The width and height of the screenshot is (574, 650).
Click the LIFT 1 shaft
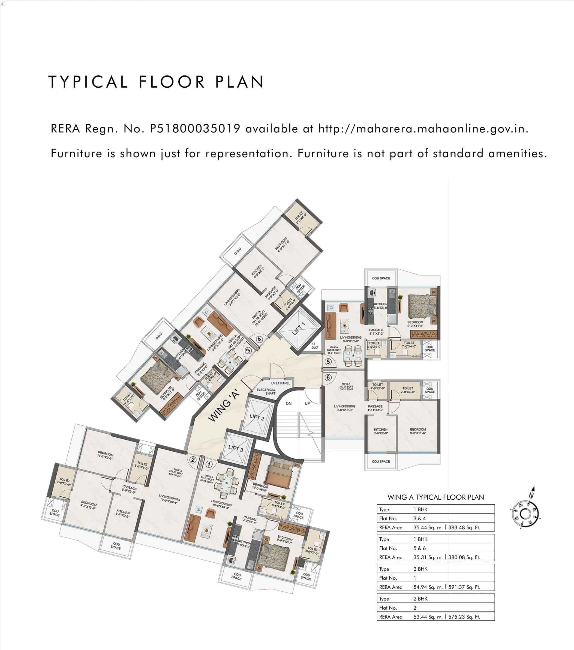(x=298, y=329)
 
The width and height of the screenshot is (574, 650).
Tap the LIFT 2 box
(x=257, y=417)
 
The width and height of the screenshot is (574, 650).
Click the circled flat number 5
(x=328, y=362)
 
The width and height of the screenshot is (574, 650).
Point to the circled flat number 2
(x=193, y=460)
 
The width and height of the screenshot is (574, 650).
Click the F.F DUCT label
(x=314, y=346)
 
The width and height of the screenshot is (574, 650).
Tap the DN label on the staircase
(x=288, y=404)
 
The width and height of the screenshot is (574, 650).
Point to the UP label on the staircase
(x=307, y=403)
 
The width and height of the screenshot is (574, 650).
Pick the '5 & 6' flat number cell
(x=420, y=548)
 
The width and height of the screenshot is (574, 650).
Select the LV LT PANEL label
(x=280, y=383)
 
